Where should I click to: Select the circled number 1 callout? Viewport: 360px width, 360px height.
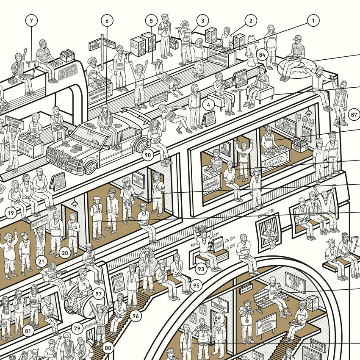pos(313,19)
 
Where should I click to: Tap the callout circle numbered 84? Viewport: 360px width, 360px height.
pos(262,55)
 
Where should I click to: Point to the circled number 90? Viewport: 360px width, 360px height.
pos(147,155)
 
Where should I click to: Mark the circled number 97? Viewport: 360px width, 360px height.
pos(98,293)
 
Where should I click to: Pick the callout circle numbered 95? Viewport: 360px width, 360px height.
pos(196,285)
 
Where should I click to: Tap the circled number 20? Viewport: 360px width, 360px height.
pos(64,253)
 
